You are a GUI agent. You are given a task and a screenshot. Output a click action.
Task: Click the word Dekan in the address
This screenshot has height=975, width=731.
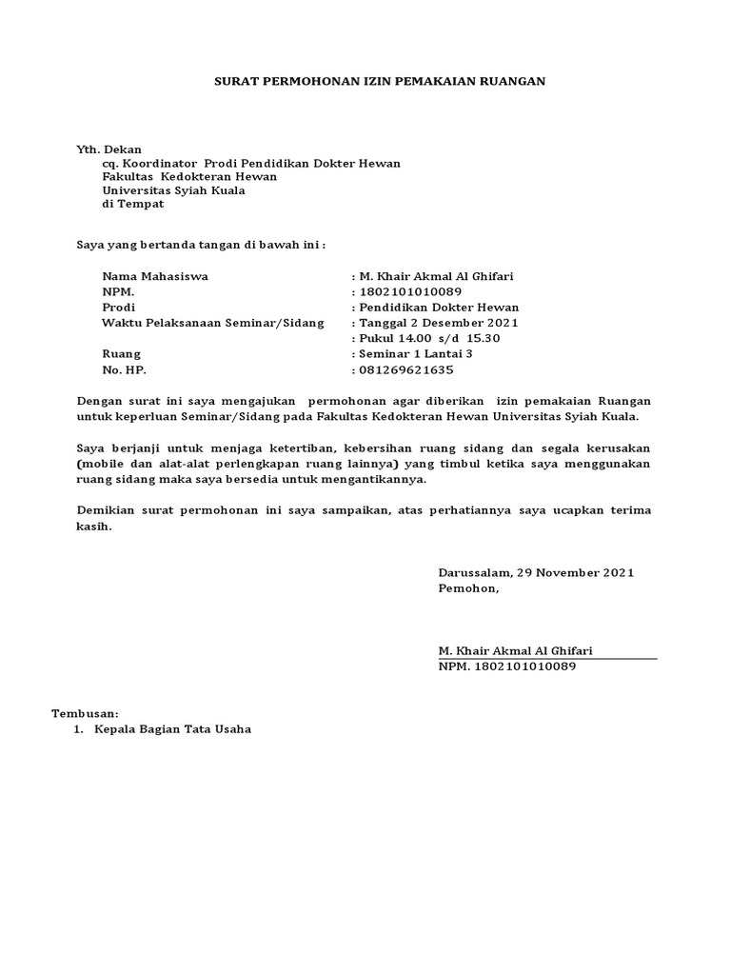(122, 149)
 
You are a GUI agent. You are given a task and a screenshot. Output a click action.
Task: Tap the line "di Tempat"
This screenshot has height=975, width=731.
(133, 204)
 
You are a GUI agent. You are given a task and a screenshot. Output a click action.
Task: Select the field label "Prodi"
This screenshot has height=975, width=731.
(119, 308)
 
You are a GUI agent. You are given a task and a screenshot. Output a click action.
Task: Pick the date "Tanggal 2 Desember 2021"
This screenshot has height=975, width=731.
(437, 323)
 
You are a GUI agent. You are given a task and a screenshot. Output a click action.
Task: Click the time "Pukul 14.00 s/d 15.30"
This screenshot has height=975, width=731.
(428, 338)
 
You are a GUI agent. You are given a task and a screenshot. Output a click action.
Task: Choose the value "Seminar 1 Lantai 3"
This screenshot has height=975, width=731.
(415, 353)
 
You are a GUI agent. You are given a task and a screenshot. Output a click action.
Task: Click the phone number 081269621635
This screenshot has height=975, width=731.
(405, 369)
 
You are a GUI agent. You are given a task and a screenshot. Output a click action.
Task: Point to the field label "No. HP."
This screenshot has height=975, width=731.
(125, 369)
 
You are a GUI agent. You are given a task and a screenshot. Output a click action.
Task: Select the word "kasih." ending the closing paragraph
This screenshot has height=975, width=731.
(93, 527)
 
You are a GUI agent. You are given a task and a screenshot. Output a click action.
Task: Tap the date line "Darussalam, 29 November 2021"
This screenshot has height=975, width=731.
(536, 573)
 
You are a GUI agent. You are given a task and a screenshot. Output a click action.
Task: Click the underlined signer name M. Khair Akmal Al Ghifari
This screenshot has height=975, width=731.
(515, 650)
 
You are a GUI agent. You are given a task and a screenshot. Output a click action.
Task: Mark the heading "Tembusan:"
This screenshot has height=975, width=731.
(84, 713)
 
